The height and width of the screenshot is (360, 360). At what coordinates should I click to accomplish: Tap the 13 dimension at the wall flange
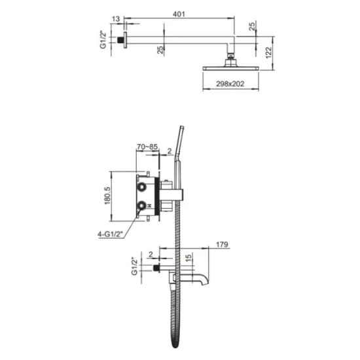[116, 20]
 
